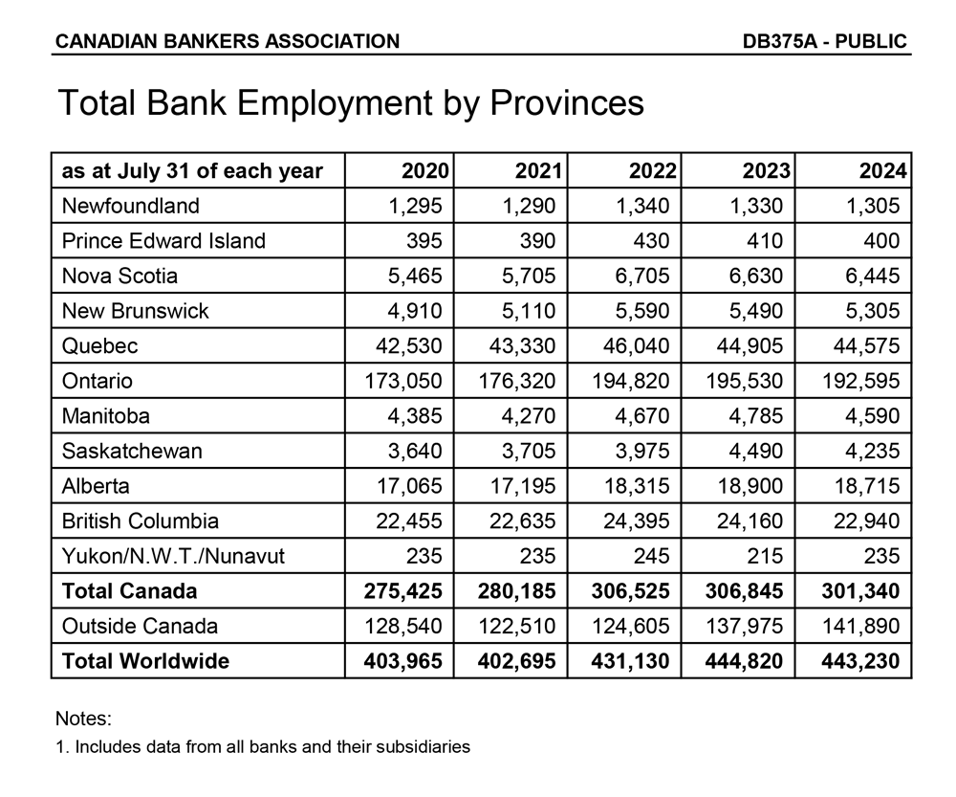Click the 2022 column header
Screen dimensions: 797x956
click(x=653, y=171)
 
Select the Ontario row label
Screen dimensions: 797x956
click(x=98, y=381)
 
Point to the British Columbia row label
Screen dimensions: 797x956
click(x=141, y=520)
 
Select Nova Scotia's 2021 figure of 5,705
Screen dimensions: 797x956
click(x=523, y=276)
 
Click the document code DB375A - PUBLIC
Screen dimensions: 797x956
click(x=824, y=41)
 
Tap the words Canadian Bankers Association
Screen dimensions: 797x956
click(x=228, y=41)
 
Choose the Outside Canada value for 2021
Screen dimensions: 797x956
click(x=516, y=626)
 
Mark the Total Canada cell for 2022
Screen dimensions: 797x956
click(x=630, y=591)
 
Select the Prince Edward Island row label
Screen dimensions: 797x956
click(x=163, y=241)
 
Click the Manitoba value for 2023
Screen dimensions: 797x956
click(x=755, y=416)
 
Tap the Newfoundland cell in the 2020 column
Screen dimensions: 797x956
click(x=410, y=206)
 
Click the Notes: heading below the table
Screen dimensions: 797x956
click(x=84, y=719)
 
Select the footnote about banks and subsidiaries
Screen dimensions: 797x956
click(x=263, y=746)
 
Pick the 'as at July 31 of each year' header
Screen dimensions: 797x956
click(x=192, y=171)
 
